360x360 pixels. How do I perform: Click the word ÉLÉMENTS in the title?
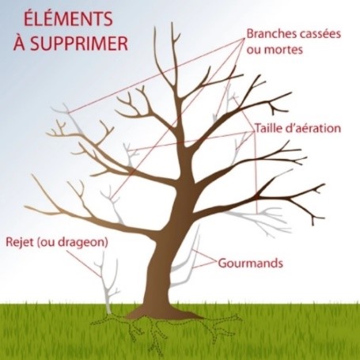(68, 18)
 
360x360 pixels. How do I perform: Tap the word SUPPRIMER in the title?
(79, 43)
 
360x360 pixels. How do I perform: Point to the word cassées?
(313, 34)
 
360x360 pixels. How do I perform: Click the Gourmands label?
(250, 263)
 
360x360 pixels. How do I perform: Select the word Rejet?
(20, 242)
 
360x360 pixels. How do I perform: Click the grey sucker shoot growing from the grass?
(108, 283)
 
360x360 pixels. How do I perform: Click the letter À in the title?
(19, 43)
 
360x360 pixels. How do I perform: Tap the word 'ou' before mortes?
(253, 50)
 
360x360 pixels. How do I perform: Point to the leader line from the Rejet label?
(83, 263)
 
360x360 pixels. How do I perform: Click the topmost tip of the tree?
(172, 23)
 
